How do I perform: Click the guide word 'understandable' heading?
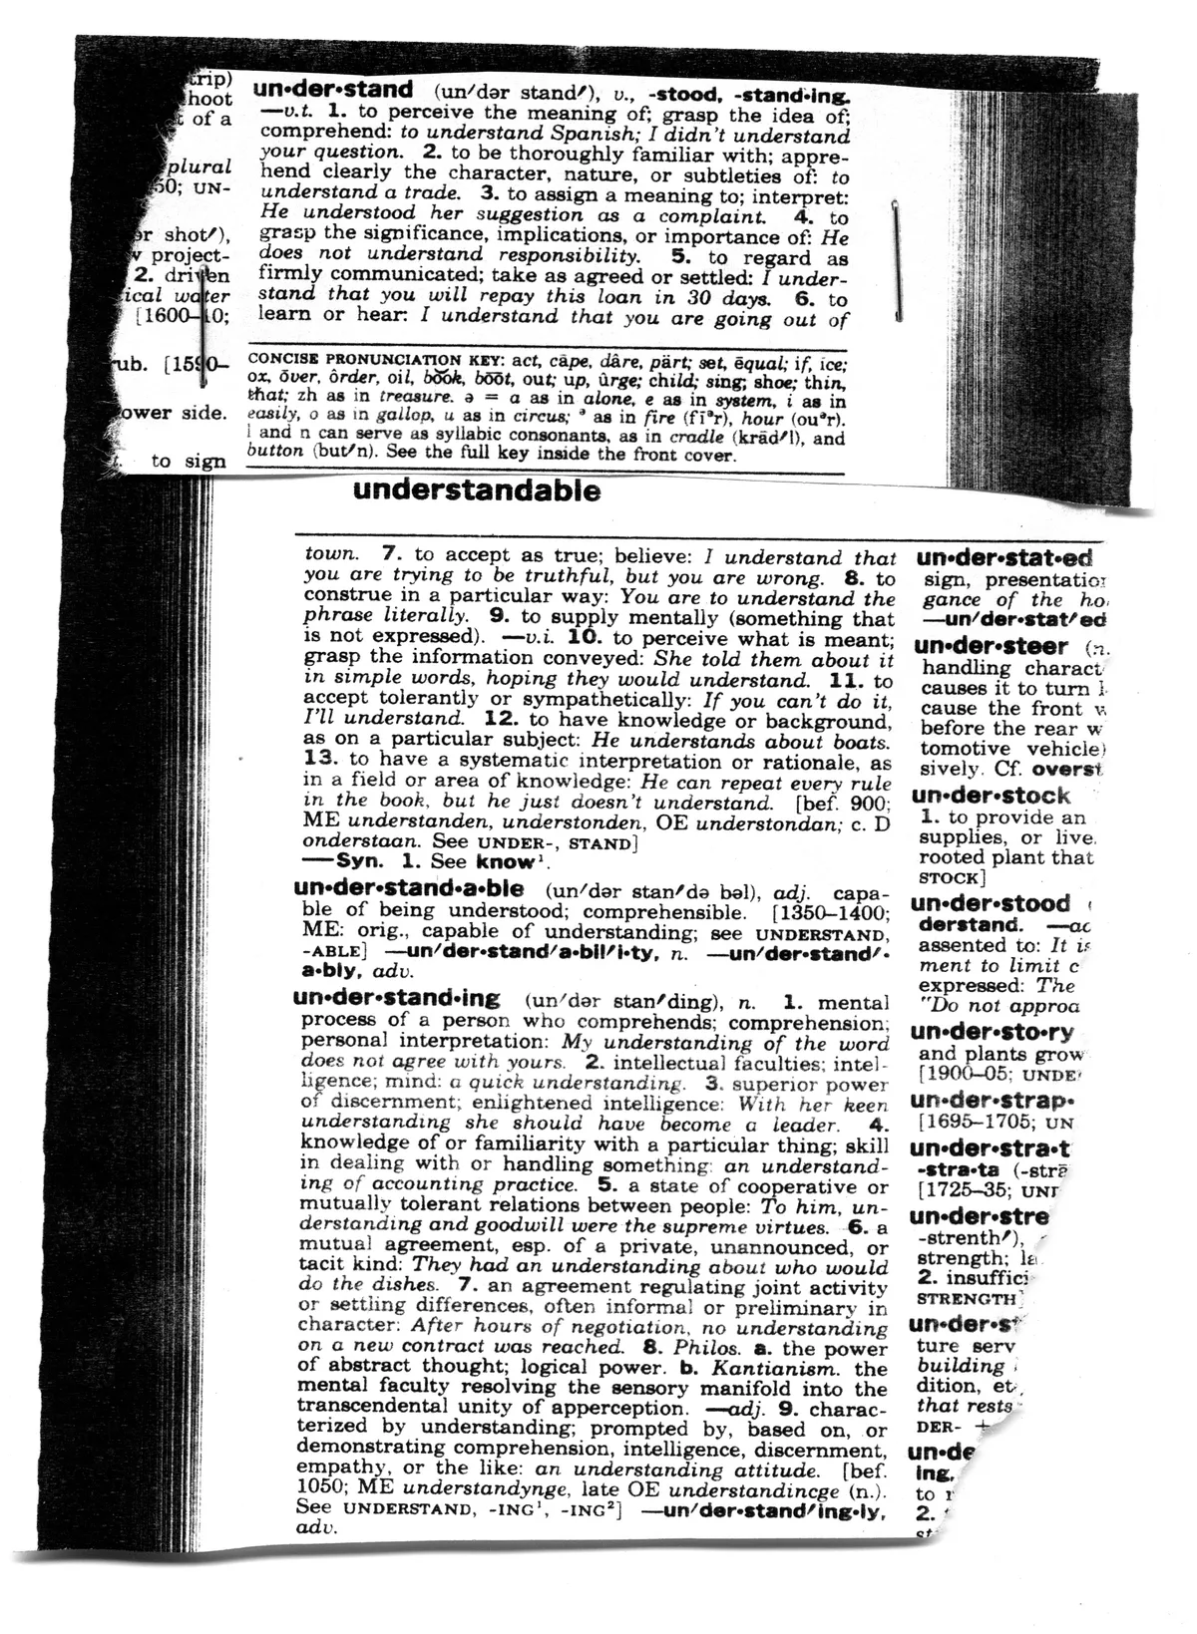tap(477, 490)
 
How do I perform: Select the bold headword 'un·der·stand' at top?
tap(333, 91)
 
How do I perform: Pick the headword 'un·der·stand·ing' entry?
tap(397, 998)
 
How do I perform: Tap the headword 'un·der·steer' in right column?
tap(991, 646)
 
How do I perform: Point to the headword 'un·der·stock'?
tap(991, 796)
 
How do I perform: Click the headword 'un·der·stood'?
tap(991, 903)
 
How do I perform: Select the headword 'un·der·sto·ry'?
tap(993, 1032)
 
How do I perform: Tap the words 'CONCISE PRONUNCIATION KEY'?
tap(354, 360)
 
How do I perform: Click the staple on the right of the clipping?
tap(897, 258)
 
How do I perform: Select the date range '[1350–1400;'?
tap(830, 911)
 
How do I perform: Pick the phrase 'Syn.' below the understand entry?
tap(360, 861)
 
